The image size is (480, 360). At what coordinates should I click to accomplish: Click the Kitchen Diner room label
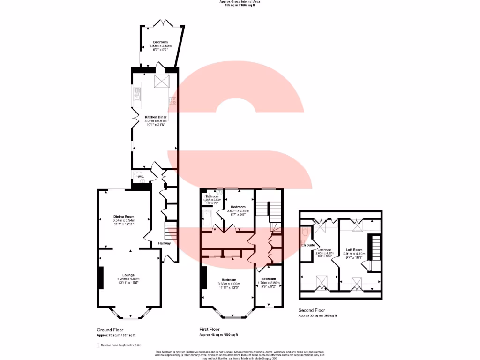point(156,117)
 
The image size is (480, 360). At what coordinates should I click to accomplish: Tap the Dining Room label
point(124,217)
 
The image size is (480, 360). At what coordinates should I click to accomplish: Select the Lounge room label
point(128,275)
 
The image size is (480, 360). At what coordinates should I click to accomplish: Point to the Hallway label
point(164,243)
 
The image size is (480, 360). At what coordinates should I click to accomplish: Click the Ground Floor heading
point(110,330)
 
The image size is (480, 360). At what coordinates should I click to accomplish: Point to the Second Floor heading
point(312,310)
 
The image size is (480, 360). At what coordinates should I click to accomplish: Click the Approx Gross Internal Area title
point(240,2)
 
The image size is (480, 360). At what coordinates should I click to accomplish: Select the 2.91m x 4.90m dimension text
point(354,254)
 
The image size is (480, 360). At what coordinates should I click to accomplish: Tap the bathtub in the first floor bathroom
point(207,218)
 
